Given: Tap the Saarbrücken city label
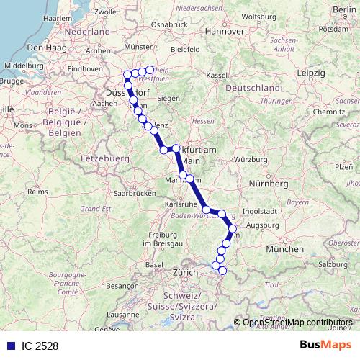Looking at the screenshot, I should coord(134,194).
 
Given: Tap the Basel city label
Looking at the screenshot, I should coord(154,264).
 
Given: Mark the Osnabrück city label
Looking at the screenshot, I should coord(170,25).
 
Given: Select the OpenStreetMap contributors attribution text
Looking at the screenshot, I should coord(297,323).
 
